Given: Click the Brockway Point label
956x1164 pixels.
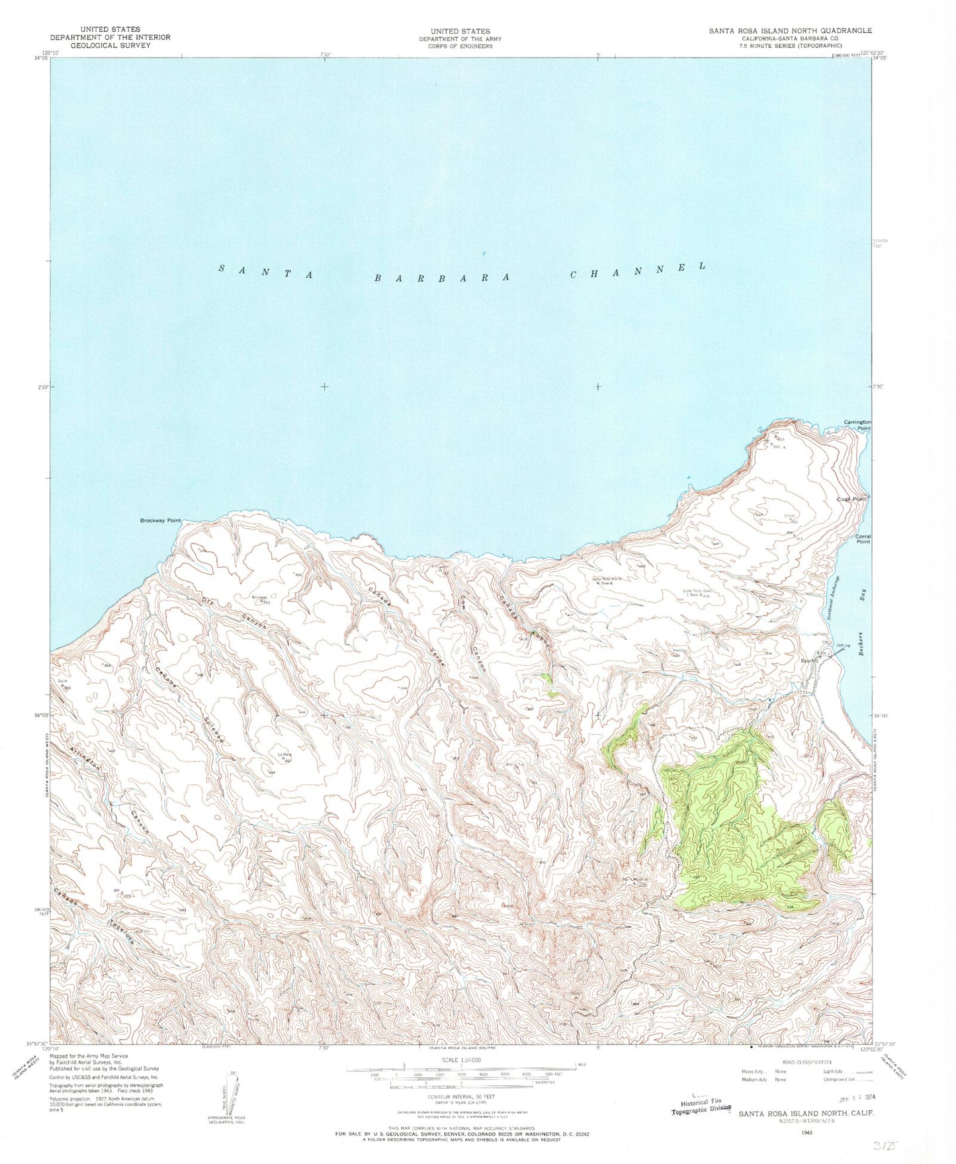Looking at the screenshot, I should point(160,521).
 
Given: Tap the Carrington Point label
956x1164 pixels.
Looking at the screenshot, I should point(857,425).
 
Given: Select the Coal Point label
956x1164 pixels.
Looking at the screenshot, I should point(851,499).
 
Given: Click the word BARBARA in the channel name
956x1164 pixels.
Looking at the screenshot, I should point(441,278).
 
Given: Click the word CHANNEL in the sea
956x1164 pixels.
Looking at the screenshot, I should point(638,270).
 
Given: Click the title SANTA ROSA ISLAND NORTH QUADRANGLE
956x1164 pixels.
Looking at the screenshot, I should point(790,30).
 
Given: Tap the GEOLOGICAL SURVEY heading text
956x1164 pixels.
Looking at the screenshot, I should point(109,45).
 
